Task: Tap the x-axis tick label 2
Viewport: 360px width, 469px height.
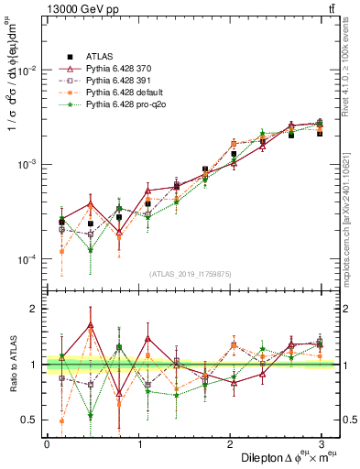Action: click(230, 444)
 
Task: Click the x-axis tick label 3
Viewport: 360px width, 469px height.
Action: click(322, 444)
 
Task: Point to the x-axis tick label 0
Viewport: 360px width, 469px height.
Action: click(47, 444)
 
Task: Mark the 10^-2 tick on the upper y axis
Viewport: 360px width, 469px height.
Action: click(28, 71)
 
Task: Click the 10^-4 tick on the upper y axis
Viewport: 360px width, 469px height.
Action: click(28, 260)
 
